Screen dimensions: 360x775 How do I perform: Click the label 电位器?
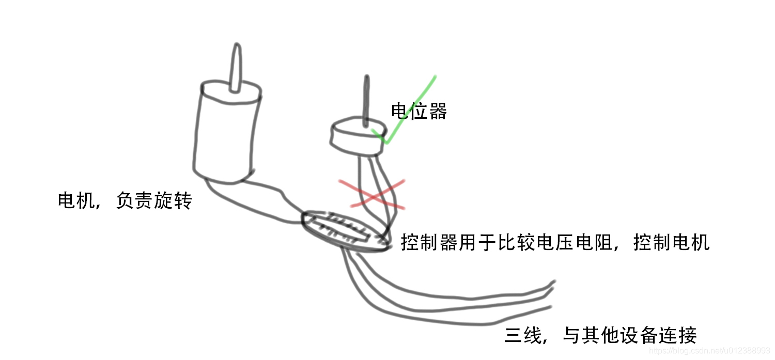coord(419,111)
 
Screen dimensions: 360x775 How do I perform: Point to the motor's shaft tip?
coord(236,49)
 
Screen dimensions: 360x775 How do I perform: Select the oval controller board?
coord(345,232)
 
